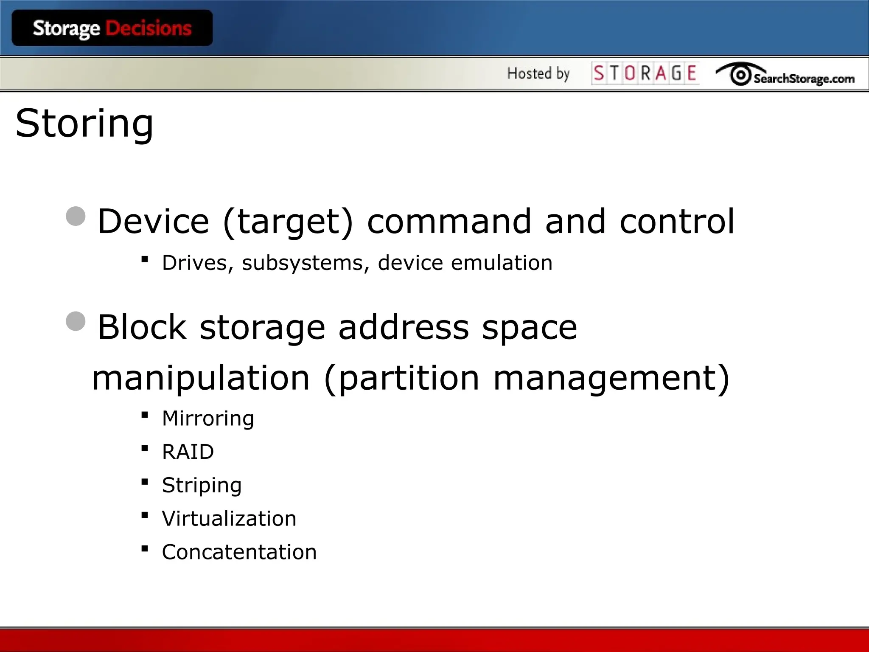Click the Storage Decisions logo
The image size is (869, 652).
tap(112, 28)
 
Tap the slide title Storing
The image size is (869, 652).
tap(84, 124)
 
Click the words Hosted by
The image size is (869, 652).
tap(538, 73)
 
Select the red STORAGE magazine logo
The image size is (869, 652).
tap(645, 73)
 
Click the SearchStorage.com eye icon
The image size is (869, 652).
tap(740, 75)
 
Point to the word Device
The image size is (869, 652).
tap(153, 221)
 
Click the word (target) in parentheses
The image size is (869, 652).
tap(288, 222)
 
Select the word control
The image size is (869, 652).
tap(677, 221)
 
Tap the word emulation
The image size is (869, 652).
tap(502, 263)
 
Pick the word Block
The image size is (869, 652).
tap(142, 327)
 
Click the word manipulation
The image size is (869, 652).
tap(201, 378)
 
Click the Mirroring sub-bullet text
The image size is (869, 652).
tap(208, 419)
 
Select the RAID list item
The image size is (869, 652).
tap(188, 452)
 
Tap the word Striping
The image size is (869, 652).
tap(202, 486)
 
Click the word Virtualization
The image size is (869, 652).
tap(229, 519)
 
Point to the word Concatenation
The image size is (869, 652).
tap(239, 552)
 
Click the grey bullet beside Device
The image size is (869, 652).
tap(76, 216)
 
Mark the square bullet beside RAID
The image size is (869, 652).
tap(145, 448)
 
